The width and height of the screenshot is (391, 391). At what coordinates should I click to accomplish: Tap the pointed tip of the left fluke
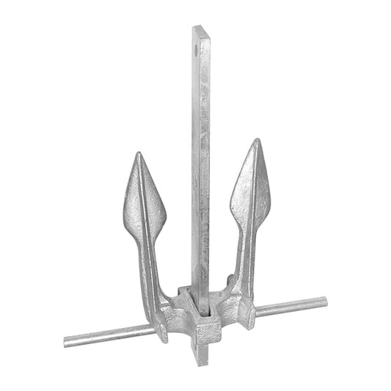pos(138,155)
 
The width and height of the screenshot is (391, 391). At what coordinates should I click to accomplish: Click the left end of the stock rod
pos(67,341)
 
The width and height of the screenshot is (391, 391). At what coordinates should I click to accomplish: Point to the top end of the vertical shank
pos(201,28)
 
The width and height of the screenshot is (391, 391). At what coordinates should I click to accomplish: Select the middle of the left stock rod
pos(110,336)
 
